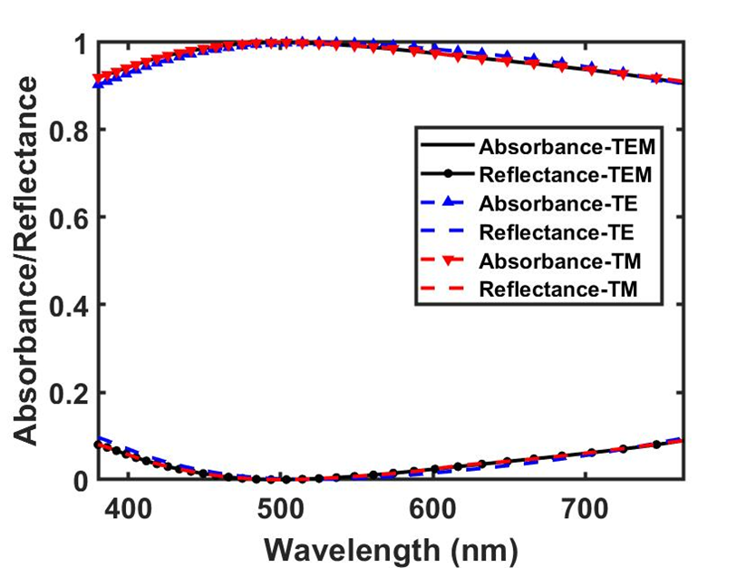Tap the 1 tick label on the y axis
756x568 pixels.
[82, 44]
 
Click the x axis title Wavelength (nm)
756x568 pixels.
[391, 547]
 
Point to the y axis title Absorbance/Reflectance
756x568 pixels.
[28, 261]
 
